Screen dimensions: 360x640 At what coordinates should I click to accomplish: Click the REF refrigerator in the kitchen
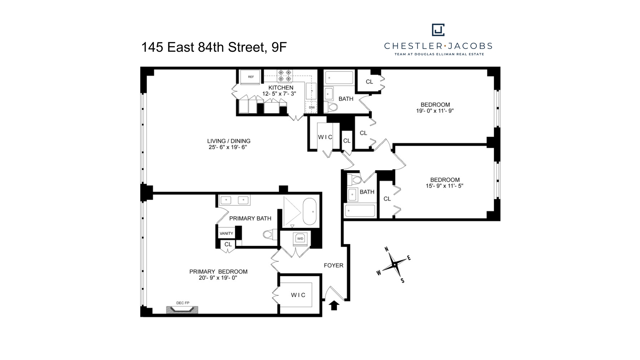[251, 77]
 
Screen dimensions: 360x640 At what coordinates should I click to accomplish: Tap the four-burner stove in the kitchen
[285, 76]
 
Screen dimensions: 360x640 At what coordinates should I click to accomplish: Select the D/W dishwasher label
[312, 107]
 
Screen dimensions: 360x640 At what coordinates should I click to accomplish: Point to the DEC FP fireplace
[182, 310]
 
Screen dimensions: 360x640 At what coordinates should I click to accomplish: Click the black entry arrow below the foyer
[334, 305]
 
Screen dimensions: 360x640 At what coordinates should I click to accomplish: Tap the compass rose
[395, 265]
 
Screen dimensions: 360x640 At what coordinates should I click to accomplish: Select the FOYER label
[333, 265]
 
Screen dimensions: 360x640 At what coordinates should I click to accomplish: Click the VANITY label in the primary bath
[226, 233]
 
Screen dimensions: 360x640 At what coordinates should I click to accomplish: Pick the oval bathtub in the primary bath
[310, 211]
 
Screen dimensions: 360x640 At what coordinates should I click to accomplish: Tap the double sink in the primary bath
[235, 200]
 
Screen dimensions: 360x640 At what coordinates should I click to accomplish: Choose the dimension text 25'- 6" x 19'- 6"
[228, 147]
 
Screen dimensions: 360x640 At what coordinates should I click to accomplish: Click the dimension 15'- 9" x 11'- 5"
[444, 186]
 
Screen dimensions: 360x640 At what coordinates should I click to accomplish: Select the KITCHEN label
[281, 88]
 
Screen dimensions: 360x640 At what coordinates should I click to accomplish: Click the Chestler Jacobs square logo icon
[438, 30]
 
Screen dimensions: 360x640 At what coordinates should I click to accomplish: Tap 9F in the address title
[279, 47]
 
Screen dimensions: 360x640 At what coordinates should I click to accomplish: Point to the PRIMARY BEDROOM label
[218, 272]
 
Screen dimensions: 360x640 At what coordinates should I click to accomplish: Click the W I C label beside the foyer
[298, 295]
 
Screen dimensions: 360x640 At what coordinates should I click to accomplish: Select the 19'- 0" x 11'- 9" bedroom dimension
[435, 111]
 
